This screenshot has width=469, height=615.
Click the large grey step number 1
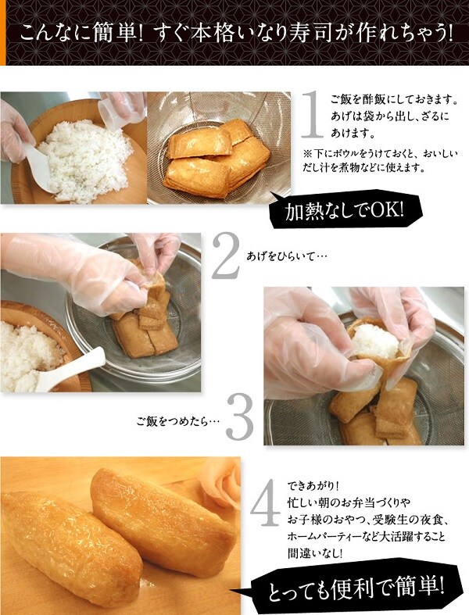(x=313, y=114)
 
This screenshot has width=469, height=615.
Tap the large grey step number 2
(x=227, y=255)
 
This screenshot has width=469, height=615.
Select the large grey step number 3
(x=240, y=417)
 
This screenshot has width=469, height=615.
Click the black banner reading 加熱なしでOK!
(x=346, y=211)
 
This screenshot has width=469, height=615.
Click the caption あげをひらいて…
(x=287, y=257)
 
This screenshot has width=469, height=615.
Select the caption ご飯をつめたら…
(x=177, y=422)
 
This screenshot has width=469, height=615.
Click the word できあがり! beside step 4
(x=313, y=486)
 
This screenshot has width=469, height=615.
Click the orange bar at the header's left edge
(x=3, y=33)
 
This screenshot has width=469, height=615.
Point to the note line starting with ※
(x=379, y=153)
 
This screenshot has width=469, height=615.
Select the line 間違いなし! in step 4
(x=315, y=553)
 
